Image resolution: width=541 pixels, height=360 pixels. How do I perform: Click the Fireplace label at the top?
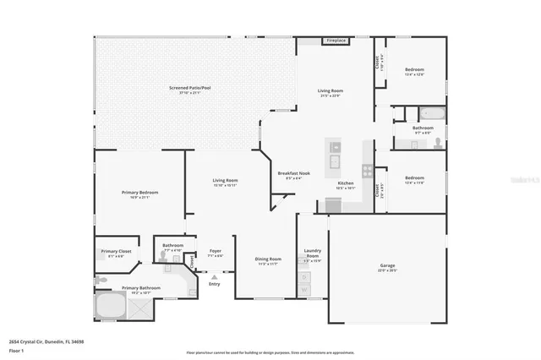pos(336,40)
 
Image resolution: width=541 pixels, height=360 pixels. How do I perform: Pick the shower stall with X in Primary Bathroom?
pos(139,309)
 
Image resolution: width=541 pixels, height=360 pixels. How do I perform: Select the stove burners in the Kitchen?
pos(367,171)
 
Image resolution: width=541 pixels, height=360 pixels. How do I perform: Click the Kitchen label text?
pos(345,183)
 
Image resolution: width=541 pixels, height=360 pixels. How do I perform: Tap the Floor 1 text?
pos(16,349)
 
